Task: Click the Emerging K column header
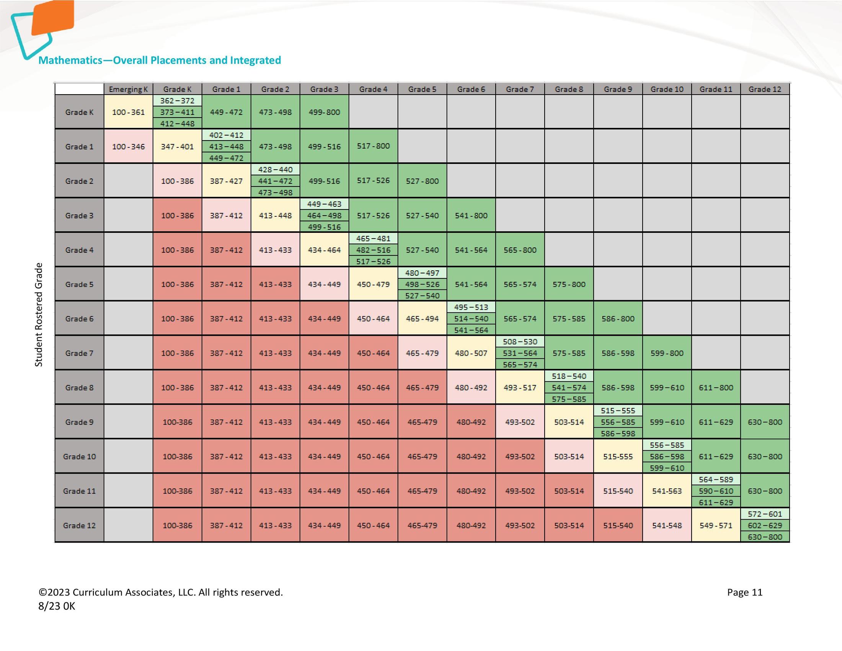(128, 89)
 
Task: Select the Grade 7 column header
(520, 89)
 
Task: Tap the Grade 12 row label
(79, 525)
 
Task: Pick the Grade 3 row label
(79, 215)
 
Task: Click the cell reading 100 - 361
(128, 112)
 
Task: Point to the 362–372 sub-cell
(177, 101)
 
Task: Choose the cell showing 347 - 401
(177, 147)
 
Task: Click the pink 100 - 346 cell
(128, 147)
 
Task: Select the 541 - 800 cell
(471, 215)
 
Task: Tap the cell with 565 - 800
(520, 250)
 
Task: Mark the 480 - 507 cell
(471, 353)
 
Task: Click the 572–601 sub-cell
(765, 514)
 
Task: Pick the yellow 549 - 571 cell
(716, 525)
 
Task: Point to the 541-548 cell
(667, 525)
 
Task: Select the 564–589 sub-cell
(716, 479)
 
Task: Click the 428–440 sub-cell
(275, 169)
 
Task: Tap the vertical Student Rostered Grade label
(39, 314)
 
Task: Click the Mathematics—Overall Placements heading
(160, 60)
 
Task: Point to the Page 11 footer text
(744, 592)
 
